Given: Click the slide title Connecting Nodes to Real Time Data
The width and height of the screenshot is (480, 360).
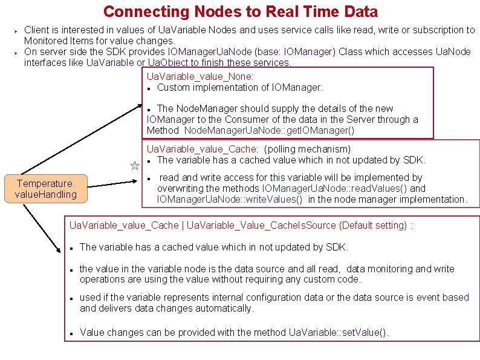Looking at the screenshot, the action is click(x=240, y=11).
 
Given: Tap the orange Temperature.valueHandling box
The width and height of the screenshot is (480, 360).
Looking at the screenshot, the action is click(x=46, y=189).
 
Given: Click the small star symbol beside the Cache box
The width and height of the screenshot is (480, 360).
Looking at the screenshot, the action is click(x=135, y=165).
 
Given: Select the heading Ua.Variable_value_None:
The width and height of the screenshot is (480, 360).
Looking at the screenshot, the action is click(x=200, y=76).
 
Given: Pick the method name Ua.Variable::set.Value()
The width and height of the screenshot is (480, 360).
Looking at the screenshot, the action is click(x=339, y=332).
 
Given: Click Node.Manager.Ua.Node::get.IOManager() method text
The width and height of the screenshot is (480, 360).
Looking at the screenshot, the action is click(x=269, y=130).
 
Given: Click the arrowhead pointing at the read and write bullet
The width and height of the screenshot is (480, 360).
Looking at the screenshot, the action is click(x=139, y=179).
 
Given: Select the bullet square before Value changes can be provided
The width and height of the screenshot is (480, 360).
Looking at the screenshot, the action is click(x=71, y=333).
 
